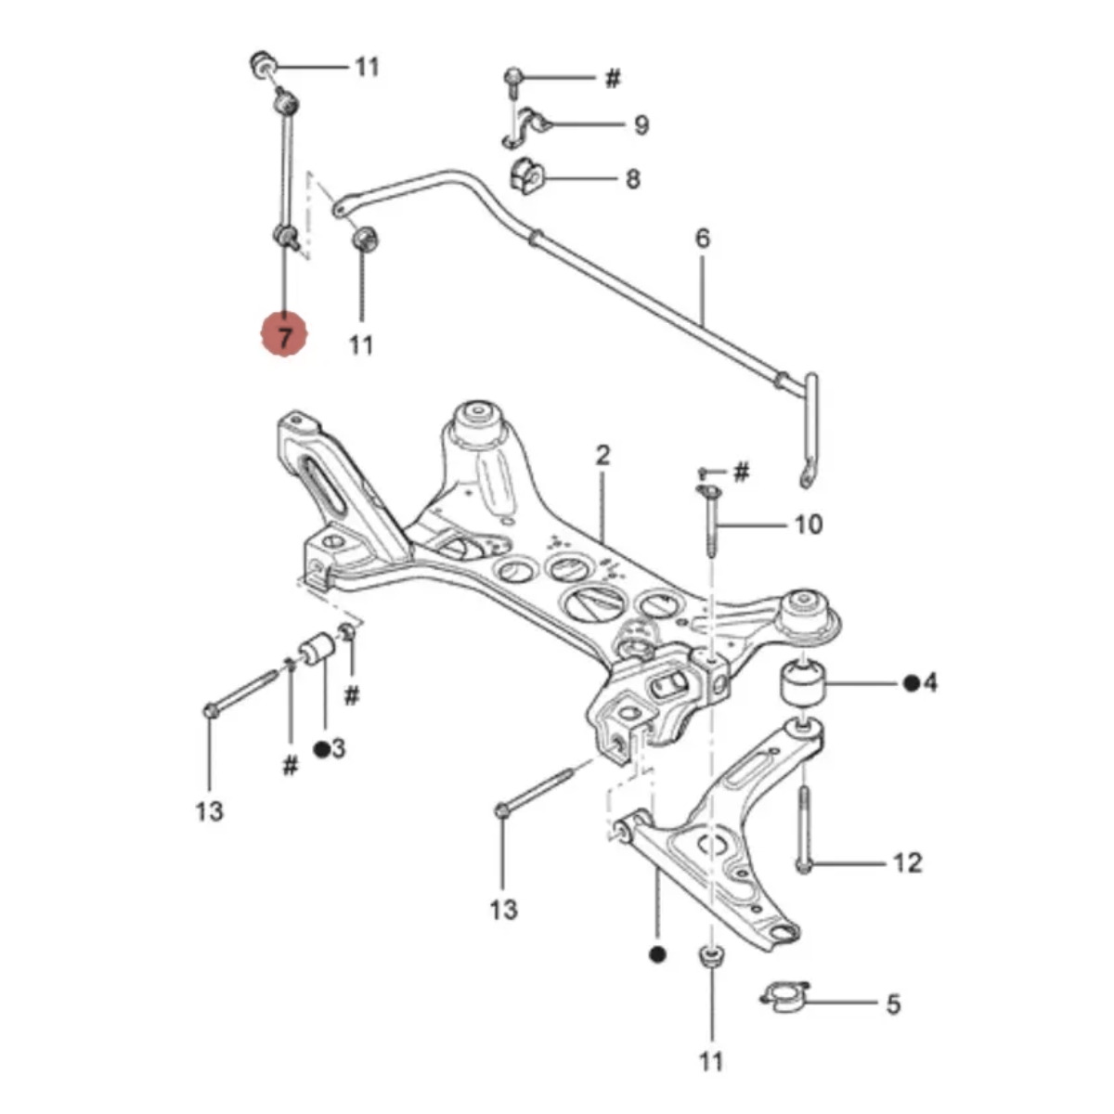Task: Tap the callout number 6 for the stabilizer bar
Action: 702,239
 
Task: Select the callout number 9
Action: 641,125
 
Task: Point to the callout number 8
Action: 633,178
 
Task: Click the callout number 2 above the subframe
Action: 602,456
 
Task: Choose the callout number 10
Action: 809,525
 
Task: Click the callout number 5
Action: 893,1004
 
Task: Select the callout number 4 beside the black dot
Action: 929,683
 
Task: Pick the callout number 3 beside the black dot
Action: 338,748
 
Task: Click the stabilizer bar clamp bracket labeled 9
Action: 525,127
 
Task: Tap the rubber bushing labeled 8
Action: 526,175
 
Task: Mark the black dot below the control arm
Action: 658,954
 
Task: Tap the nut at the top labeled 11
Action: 263,65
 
